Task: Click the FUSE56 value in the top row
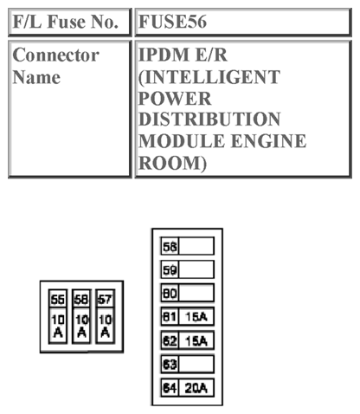(x=174, y=22)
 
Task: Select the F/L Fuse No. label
(x=65, y=22)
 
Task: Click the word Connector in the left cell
(x=56, y=55)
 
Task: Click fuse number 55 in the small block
(x=58, y=300)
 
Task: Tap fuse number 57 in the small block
(x=104, y=300)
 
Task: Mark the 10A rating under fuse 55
(x=58, y=326)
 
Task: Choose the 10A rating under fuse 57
(x=104, y=326)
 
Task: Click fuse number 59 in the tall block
(x=170, y=269)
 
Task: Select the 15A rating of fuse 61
(x=196, y=317)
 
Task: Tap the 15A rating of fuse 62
(x=196, y=340)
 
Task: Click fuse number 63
(x=170, y=364)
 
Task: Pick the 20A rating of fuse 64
(x=196, y=388)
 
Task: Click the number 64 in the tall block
(x=170, y=388)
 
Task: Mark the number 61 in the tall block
(x=170, y=317)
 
